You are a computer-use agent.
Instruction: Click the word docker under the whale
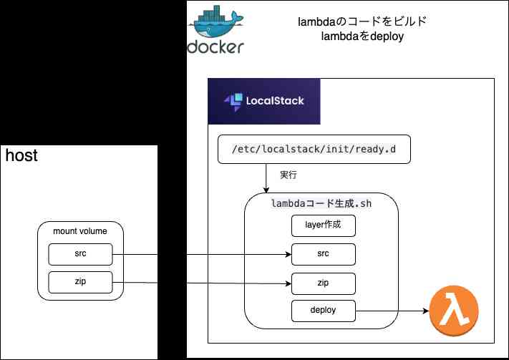215,47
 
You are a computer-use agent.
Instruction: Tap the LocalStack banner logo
263,102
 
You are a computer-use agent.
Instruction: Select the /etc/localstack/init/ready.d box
314,150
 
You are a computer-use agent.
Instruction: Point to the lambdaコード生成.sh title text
321,203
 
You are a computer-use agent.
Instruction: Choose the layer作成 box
323,225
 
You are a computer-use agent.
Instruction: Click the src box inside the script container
323,254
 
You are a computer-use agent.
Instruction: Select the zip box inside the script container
323,283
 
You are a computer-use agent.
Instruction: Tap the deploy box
323,311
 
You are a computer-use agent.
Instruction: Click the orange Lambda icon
453,312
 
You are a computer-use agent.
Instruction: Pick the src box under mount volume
80,254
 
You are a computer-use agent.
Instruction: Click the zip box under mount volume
80,283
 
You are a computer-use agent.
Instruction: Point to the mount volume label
80,230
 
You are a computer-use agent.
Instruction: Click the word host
21,155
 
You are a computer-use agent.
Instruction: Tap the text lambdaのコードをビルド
362,21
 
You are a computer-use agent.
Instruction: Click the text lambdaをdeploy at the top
362,37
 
